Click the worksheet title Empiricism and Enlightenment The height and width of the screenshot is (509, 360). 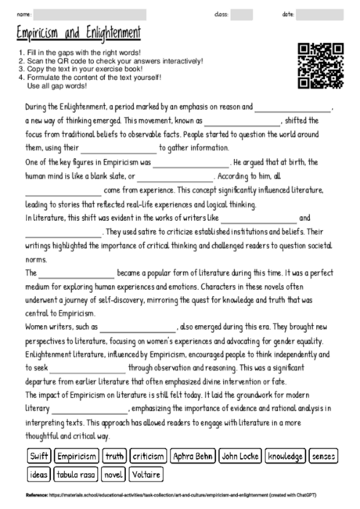78,34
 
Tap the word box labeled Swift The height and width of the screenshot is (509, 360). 39,455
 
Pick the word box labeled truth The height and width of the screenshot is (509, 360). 115,455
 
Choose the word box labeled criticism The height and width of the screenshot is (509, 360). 149,455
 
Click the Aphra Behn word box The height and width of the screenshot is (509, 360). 193,455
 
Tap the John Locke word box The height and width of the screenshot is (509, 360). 240,455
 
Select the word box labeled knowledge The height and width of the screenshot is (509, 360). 285,455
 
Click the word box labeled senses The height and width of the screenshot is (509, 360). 324,455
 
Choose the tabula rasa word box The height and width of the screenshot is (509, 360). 76,474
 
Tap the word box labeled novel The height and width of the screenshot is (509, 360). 113,474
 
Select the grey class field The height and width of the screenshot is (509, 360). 242,14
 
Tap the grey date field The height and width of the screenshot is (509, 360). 315,14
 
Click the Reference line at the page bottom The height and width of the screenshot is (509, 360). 180,495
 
